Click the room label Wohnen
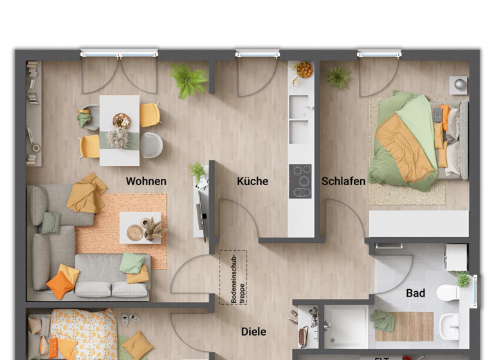[146, 181]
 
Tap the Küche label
[252, 181]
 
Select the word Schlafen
[343, 181]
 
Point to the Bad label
[415, 293]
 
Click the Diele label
[253, 332]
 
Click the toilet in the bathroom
[448, 293]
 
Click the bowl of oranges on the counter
[304, 69]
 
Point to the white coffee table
[140, 228]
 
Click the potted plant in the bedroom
[338, 78]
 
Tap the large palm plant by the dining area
[189, 81]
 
